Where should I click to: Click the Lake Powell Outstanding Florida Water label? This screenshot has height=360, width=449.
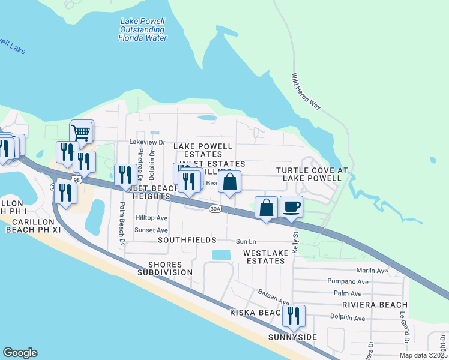[142, 29]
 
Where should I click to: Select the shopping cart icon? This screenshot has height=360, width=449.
[80, 132]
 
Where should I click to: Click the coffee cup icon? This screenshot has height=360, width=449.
[291, 207]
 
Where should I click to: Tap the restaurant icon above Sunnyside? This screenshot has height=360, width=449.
[294, 316]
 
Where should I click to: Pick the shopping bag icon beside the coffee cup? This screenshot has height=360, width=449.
[267, 208]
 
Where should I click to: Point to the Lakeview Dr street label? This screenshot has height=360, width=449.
[147, 142]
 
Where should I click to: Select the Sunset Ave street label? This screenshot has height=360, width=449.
[151, 230]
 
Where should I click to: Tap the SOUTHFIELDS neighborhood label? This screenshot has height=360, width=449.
[187, 240]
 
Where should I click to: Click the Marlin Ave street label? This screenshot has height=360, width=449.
[372, 271]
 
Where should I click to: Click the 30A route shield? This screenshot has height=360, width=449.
[216, 209]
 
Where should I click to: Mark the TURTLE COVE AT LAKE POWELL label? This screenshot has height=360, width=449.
[312, 175]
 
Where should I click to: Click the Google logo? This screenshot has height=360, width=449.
[20, 353]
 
